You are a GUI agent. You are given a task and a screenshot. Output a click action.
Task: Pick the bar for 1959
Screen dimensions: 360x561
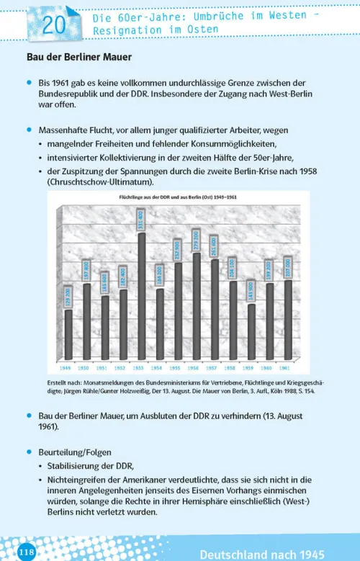251,331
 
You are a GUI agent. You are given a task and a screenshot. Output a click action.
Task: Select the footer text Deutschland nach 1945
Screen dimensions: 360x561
262,554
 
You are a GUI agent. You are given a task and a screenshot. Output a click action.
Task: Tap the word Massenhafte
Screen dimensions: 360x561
63,130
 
